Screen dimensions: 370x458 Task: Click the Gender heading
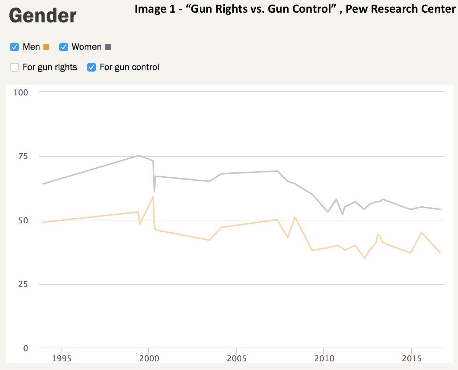[x=43, y=16]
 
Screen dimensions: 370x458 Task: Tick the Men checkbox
[x=14, y=47]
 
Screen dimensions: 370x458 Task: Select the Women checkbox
[x=64, y=47]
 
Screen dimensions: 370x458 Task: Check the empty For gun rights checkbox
[x=14, y=67]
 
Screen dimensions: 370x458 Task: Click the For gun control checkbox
[x=92, y=67]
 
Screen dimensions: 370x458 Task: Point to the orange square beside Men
[x=46, y=47]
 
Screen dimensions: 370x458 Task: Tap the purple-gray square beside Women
[x=108, y=47]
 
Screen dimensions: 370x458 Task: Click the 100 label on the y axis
[x=21, y=92]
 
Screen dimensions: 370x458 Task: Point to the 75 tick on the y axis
[x=23, y=156]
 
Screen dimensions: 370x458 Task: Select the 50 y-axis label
[x=23, y=220]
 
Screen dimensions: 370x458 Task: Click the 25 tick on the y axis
[x=23, y=284]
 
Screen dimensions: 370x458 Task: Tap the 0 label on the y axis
[x=25, y=348]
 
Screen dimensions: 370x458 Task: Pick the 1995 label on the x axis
[x=62, y=358]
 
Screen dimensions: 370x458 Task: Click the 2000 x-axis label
[x=149, y=358]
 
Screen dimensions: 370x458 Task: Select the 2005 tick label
[x=237, y=358]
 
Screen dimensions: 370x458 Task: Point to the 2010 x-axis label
[x=324, y=358]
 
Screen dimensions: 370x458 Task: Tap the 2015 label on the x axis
[x=412, y=358]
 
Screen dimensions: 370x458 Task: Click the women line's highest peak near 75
[x=139, y=156]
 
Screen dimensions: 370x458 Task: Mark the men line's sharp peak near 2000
[x=153, y=197]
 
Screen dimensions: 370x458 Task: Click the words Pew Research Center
[x=400, y=9]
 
